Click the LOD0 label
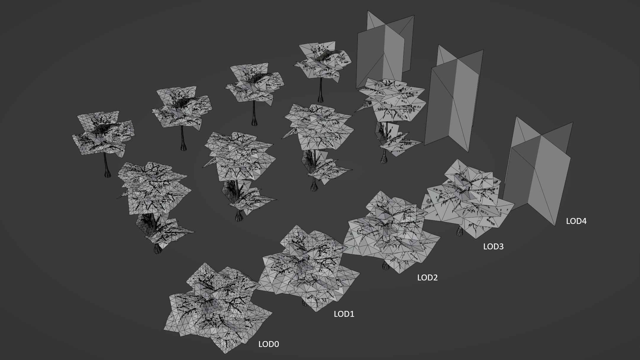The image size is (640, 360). pos(269,344)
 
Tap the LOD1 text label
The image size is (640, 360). pos(344,314)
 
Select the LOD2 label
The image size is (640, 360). pos(427,278)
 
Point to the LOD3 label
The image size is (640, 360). pos(493,247)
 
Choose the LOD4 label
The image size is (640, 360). pos(576,221)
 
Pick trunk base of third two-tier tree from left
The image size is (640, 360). pos(314,188)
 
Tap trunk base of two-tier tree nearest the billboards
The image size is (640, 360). pos(384,160)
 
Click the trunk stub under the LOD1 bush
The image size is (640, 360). pos(304,304)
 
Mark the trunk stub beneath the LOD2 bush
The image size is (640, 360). pos(385,266)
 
